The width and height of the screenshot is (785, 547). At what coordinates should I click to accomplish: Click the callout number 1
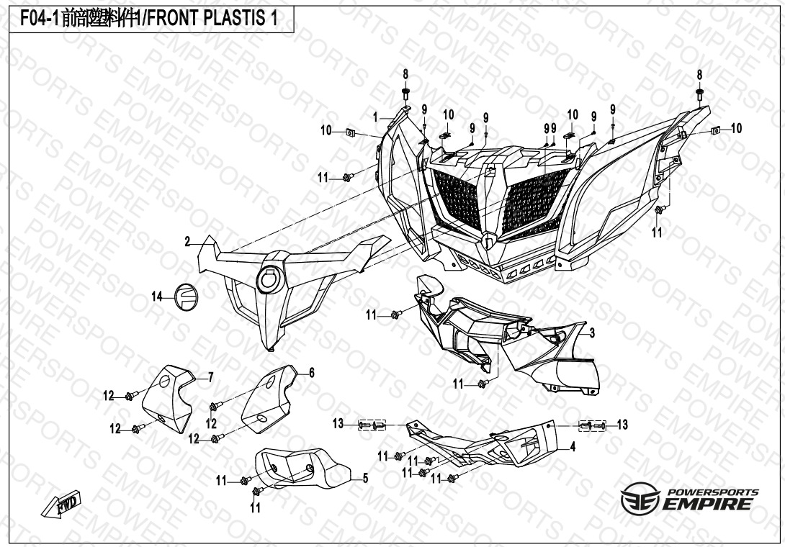(x=375, y=117)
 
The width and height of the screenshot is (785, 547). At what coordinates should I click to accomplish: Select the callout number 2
(x=187, y=242)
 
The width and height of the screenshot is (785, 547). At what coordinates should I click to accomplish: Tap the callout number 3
(x=591, y=333)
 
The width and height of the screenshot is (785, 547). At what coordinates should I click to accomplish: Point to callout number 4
(x=573, y=447)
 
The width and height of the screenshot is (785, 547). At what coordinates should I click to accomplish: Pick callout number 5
(x=365, y=478)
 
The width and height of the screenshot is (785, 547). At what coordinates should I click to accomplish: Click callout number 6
(x=312, y=372)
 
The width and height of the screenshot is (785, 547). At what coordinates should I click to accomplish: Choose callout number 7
(x=210, y=376)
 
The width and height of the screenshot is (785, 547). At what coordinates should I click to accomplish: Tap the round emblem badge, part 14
(x=187, y=297)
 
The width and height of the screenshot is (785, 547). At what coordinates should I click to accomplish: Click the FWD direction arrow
(x=63, y=505)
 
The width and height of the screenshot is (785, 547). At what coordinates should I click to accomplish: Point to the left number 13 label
(x=338, y=425)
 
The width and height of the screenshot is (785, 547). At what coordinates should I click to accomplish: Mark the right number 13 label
(x=622, y=425)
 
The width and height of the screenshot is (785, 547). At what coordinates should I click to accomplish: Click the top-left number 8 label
(x=405, y=74)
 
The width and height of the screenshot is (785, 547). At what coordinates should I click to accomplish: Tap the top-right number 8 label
(x=699, y=75)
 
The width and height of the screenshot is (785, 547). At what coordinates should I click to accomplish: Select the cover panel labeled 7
(x=167, y=398)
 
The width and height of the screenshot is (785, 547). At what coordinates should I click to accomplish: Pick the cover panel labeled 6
(x=268, y=399)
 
